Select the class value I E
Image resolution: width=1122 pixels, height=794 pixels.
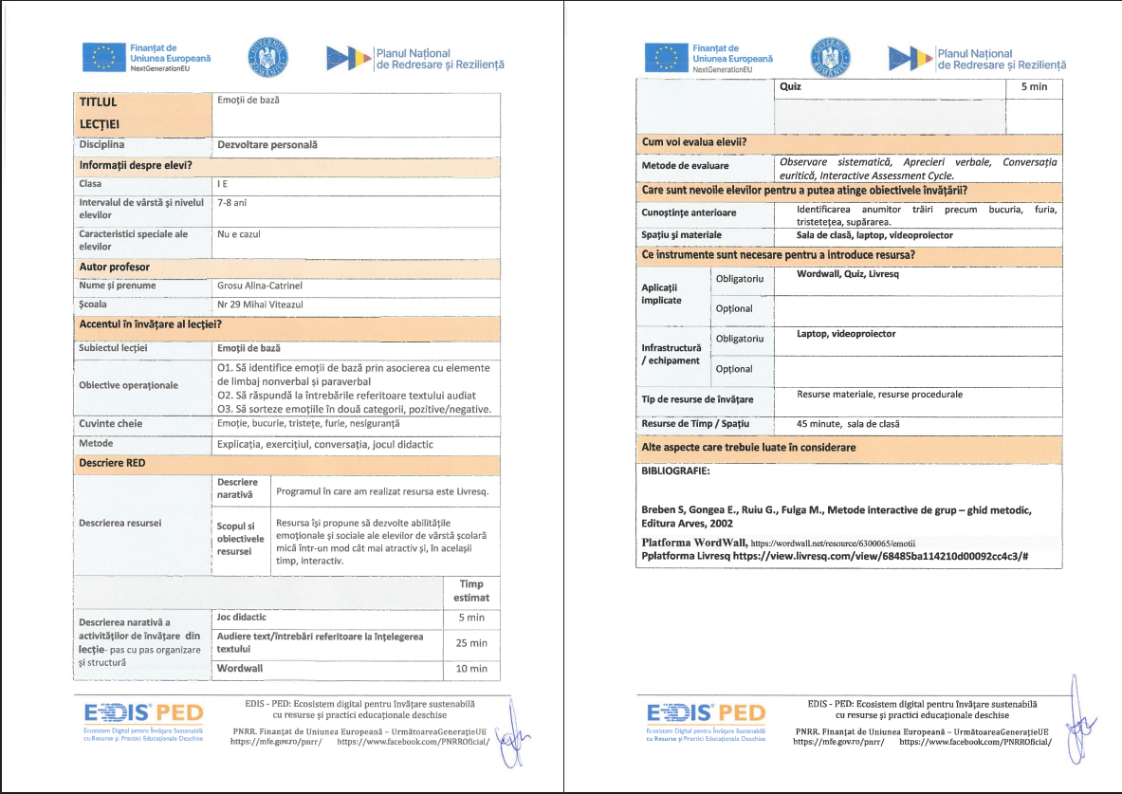point(222,184)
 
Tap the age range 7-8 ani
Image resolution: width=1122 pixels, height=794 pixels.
point(232,203)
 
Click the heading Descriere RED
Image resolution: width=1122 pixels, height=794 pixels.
point(112,464)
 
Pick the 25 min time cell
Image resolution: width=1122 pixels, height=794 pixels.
point(471,643)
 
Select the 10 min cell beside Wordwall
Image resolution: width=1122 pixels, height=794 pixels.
point(471,669)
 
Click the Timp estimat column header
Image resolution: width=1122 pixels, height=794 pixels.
point(471,591)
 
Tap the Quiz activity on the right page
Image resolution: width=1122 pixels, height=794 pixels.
point(790,86)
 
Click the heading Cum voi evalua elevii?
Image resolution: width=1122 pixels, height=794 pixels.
point(693,142)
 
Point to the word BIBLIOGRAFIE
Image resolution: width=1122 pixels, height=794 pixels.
point(676,471)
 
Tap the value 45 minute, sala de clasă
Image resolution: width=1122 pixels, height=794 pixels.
point(848,424)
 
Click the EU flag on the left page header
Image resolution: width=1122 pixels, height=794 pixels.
point(101,58)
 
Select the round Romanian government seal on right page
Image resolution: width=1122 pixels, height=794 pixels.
point(831,58)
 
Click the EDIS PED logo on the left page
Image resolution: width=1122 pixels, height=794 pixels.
point(138,714)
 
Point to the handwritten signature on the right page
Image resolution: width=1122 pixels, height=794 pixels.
point(1076,721)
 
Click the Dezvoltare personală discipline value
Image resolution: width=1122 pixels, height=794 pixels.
point(267,145)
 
